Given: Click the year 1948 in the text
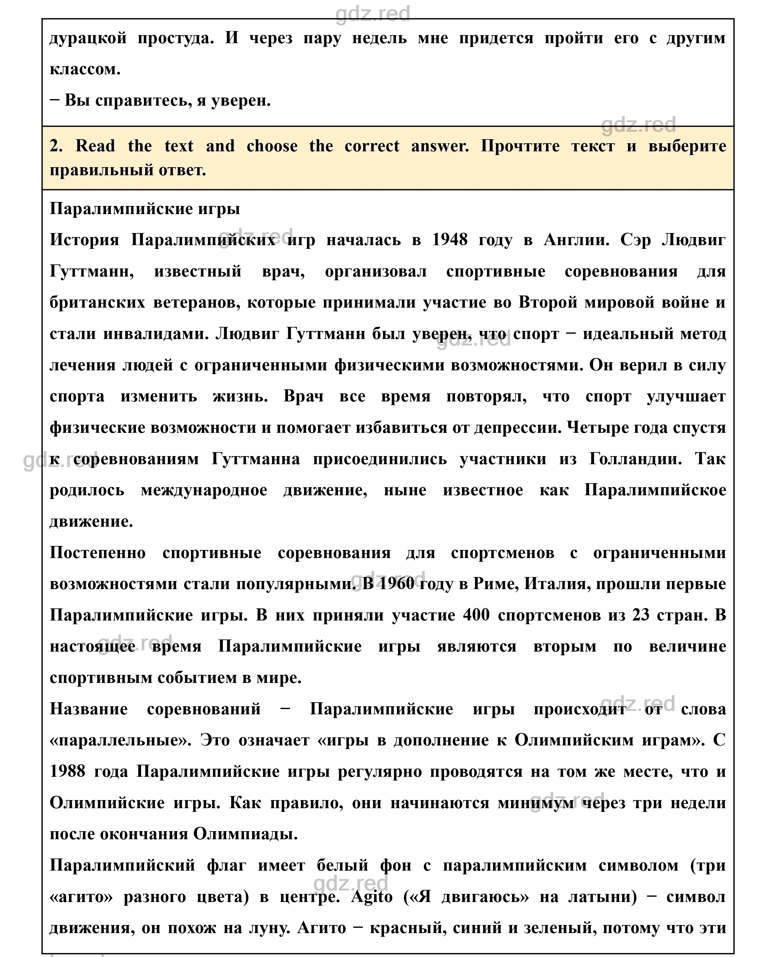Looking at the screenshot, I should point(450,240).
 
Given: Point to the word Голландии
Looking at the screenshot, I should point(635,459).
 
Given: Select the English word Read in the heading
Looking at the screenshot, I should point(95,146).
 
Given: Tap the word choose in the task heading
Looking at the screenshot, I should point(272,146).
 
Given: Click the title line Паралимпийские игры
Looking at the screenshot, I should point(145,208).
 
